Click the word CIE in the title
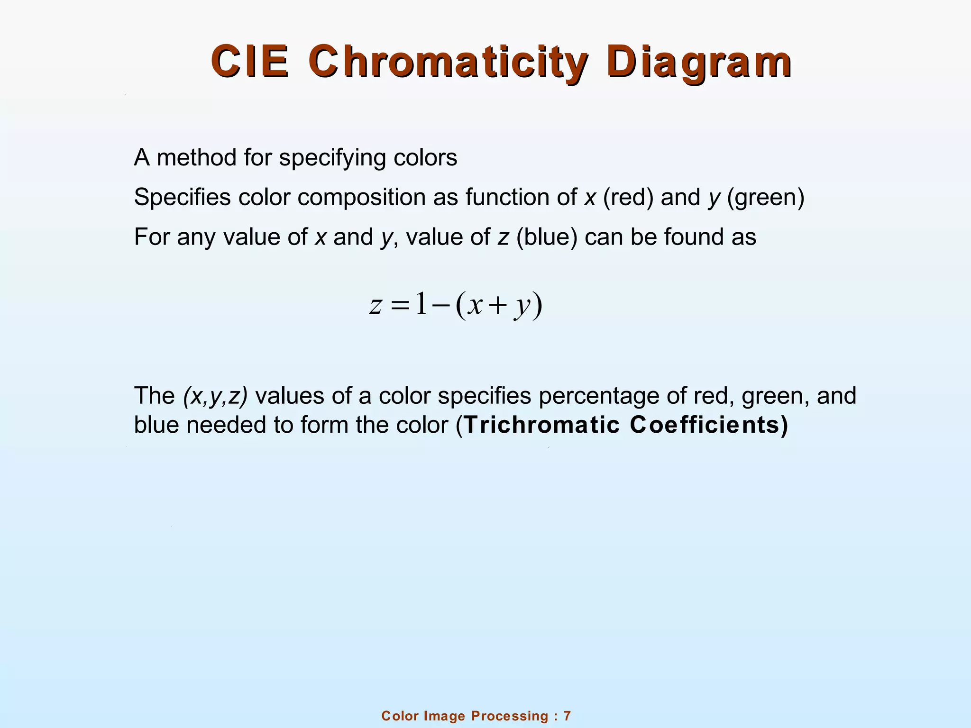tap(250, 62)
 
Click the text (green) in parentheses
tap(766, 198)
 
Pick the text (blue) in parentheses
tap(547, 237)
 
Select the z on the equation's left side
tap(375, 305)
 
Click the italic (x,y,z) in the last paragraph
tap(215, 396)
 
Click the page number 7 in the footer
tap(567, 716)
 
